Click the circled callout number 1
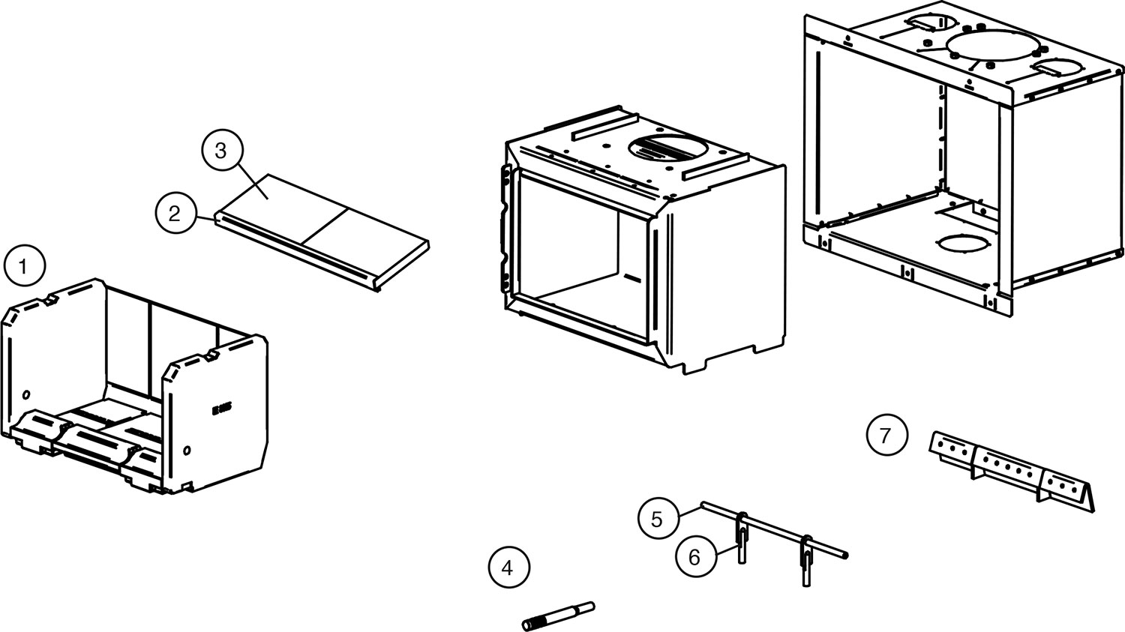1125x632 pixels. [x=25, y=266]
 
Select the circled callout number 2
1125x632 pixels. [x=175, y=214]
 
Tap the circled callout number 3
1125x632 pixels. [x=220, y=151]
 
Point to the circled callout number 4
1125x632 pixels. [x=508, y=568]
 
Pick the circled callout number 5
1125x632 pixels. [x=658, y=519]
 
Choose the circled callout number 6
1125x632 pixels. [x=694, y=556]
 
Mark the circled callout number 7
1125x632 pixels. [x=886, y=435]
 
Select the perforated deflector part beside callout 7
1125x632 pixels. [x=1012, y=468]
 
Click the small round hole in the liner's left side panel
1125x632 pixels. [x=26, y=394]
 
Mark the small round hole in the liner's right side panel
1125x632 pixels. [x=186, y=451]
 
